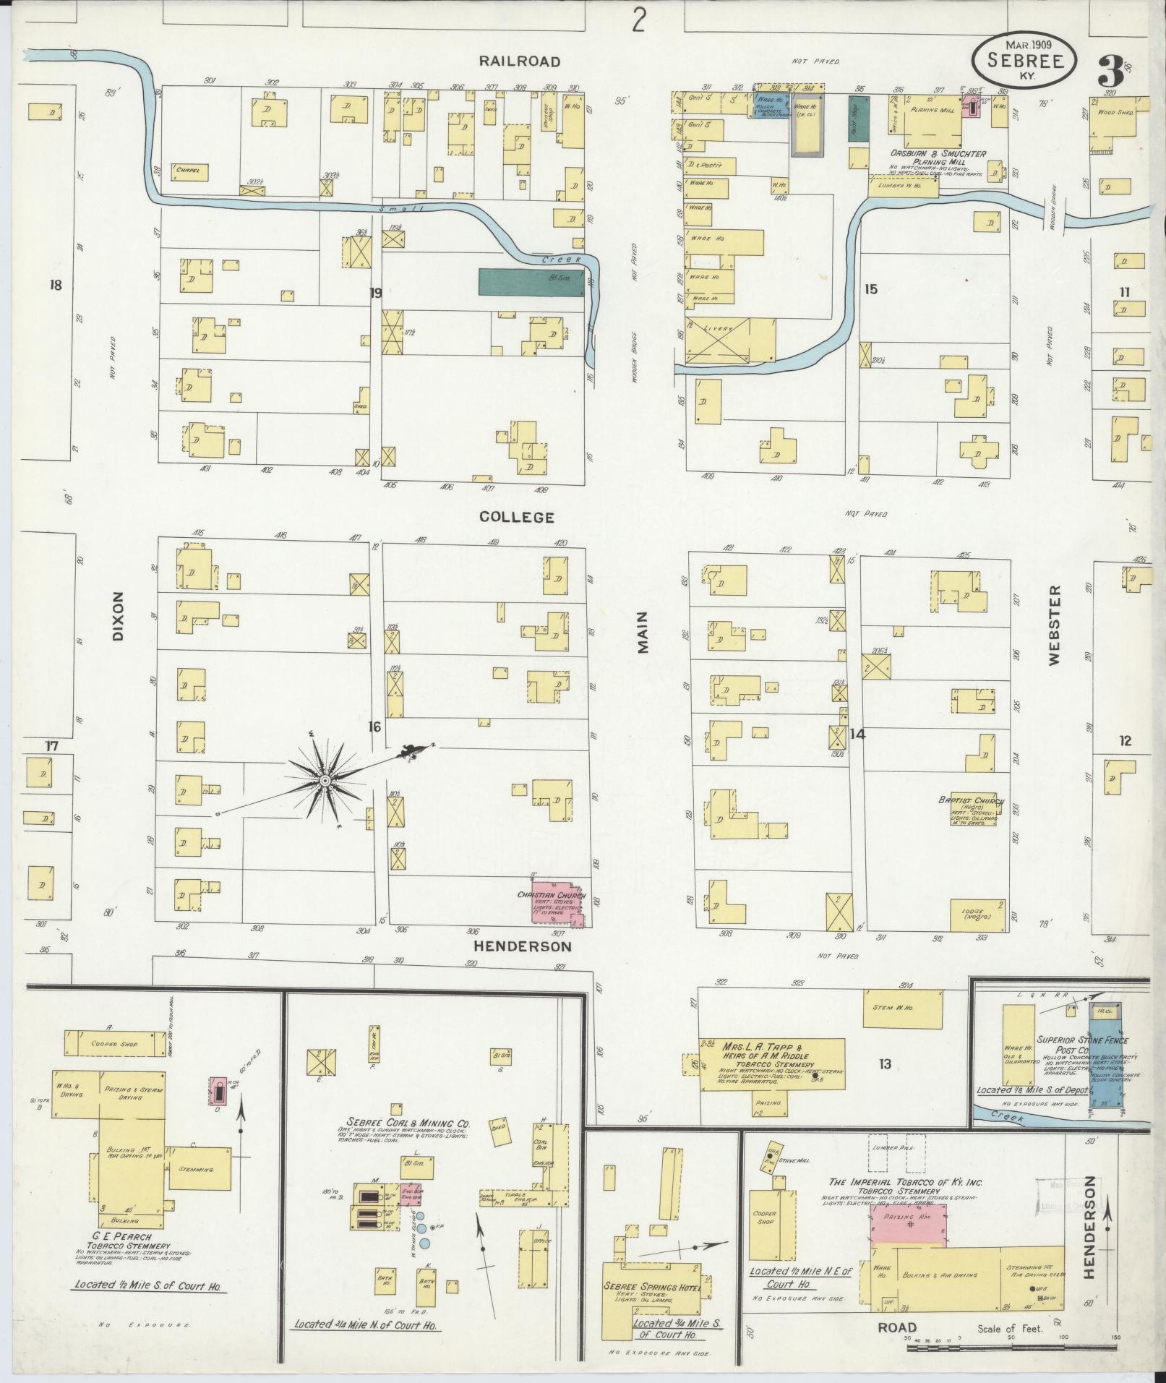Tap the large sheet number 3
pos(1110,71)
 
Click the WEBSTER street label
pos(1055,626)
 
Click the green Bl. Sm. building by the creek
pos(531,283)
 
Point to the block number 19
pos(374,293)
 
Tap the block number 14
pos(857,735)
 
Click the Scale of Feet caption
pos(1011,1329)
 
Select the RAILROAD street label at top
pos(519,61)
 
